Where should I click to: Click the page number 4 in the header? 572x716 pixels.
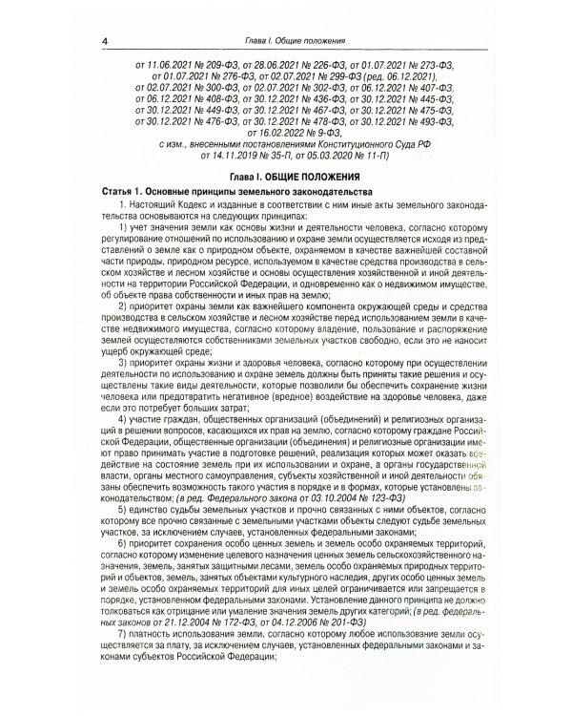(104, 40)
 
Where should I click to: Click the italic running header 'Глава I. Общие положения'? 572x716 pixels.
(286, 40)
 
